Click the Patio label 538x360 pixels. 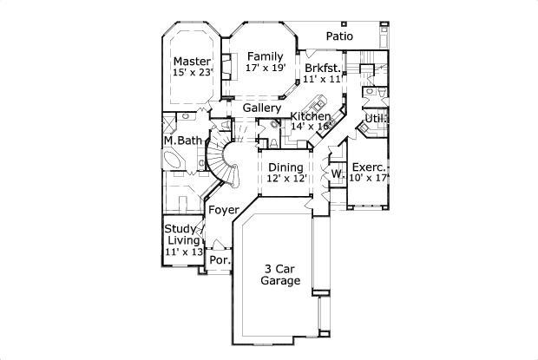(344, 36)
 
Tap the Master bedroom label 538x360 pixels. (192, 61)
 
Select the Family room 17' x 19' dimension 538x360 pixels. (265, 68)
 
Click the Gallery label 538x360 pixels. (261, 108)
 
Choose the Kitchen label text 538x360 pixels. (310, 115)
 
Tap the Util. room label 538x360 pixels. (376, 118)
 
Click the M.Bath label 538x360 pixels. (182, 141)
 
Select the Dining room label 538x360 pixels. (285, 167)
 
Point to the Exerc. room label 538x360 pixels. (369, 166)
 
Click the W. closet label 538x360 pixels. (337, 174)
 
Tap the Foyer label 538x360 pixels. (223, 210)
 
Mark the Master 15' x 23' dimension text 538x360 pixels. (192, 73)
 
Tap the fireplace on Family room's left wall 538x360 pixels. (228, 66)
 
